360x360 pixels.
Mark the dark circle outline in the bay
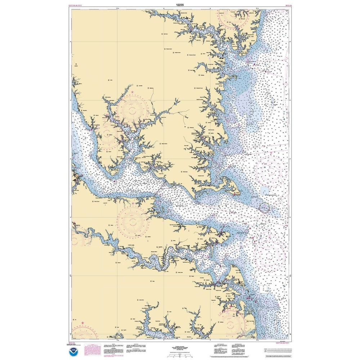point(264,207)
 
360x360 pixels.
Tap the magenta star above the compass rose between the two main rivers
point(133,203)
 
